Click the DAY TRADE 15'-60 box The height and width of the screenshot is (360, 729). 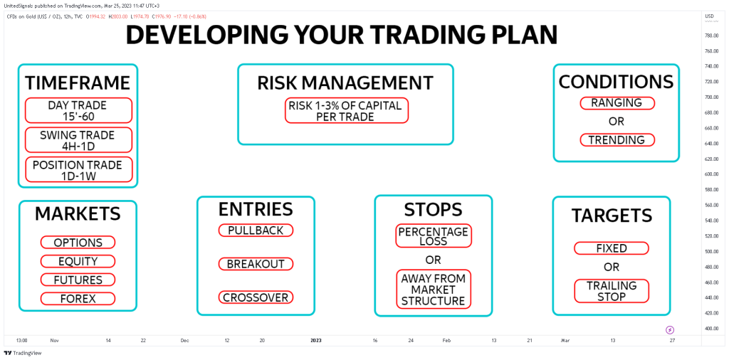[78, 110]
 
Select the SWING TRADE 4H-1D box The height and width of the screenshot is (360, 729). [78, 140]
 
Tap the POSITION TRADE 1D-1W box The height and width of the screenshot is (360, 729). [78, 169]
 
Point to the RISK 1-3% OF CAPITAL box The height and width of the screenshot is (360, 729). [347, 110]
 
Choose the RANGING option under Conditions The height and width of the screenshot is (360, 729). [617, 103]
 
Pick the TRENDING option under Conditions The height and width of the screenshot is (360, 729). [617, 140]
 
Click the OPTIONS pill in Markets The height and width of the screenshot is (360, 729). [78, 243]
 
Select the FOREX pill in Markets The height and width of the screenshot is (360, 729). [78, 299]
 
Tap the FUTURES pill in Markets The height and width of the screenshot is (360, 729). [78, 280]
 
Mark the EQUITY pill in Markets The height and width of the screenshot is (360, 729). [78, 261]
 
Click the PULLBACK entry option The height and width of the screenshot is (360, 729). [256, 231]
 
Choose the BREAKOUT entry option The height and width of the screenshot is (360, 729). [256, 264]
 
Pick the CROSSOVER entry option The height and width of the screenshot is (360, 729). [256, 297]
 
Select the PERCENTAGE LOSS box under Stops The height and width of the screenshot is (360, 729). [434, 236]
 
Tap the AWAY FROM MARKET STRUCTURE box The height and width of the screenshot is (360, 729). [434, 289]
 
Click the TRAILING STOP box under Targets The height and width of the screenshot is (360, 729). [612, 291]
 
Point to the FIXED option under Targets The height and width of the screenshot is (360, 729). [612, 248]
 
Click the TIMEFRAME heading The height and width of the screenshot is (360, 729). [78, 83]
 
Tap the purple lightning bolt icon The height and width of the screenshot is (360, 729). [670, 330]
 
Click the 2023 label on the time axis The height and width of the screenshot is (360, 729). [316, 341]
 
